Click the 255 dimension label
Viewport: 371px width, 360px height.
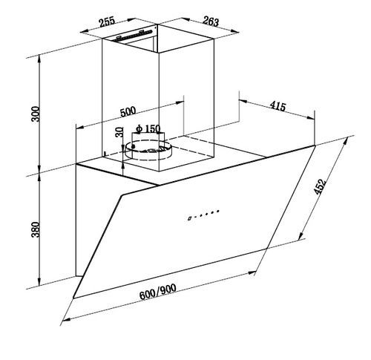tap(107, 22)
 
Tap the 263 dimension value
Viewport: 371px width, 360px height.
tap(211, 22)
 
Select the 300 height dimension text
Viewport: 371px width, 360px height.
tap(36, 114)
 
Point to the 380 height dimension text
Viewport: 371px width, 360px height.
tap(36, 229)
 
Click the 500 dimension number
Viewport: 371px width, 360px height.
tap(128, 111)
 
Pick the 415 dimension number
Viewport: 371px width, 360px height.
tap(278, 106)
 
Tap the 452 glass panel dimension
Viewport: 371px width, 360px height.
tap(320, 186)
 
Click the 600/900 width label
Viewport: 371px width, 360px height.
tap(158, 292)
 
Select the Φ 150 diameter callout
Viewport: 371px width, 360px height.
tap(148, 128)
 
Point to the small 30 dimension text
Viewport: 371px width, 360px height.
tap(119, 132)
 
